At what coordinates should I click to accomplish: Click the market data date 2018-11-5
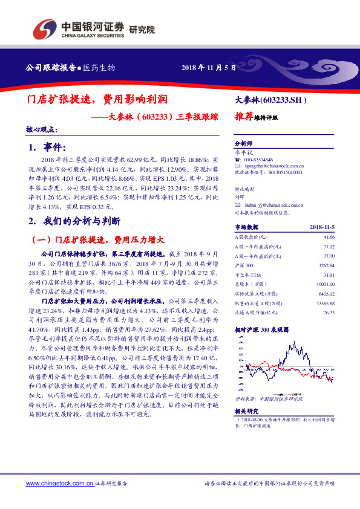click(x=322, y=227)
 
